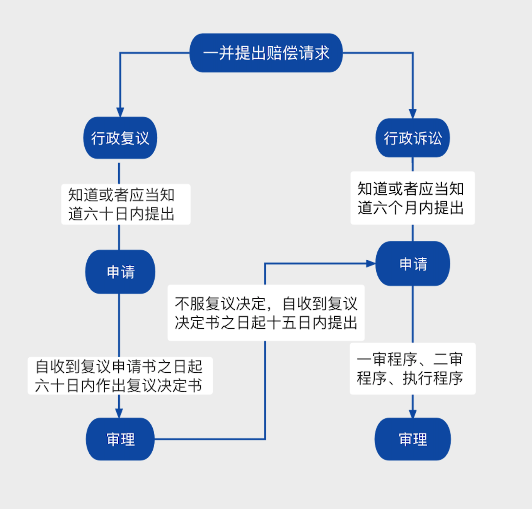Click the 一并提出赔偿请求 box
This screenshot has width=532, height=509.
coord(266,53)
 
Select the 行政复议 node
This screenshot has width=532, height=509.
coord(120,138)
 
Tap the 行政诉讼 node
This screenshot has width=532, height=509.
coord(413,138)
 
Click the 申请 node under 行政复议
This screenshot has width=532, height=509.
coord(120,272)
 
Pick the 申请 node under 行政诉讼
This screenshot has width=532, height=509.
coord(413,264)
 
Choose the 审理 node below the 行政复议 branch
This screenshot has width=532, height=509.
coord(120,439)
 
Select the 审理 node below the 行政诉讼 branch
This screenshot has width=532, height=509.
coord(413,439)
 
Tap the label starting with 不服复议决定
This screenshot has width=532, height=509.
coord(266,313)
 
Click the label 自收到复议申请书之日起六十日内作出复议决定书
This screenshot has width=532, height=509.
coord(120,376)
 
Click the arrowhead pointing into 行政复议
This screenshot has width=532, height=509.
coord(120,112)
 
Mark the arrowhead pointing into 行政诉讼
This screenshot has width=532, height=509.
coord(413,114)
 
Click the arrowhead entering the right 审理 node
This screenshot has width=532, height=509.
coord(413,413)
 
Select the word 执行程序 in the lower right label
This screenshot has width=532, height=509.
coord(433,378)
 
